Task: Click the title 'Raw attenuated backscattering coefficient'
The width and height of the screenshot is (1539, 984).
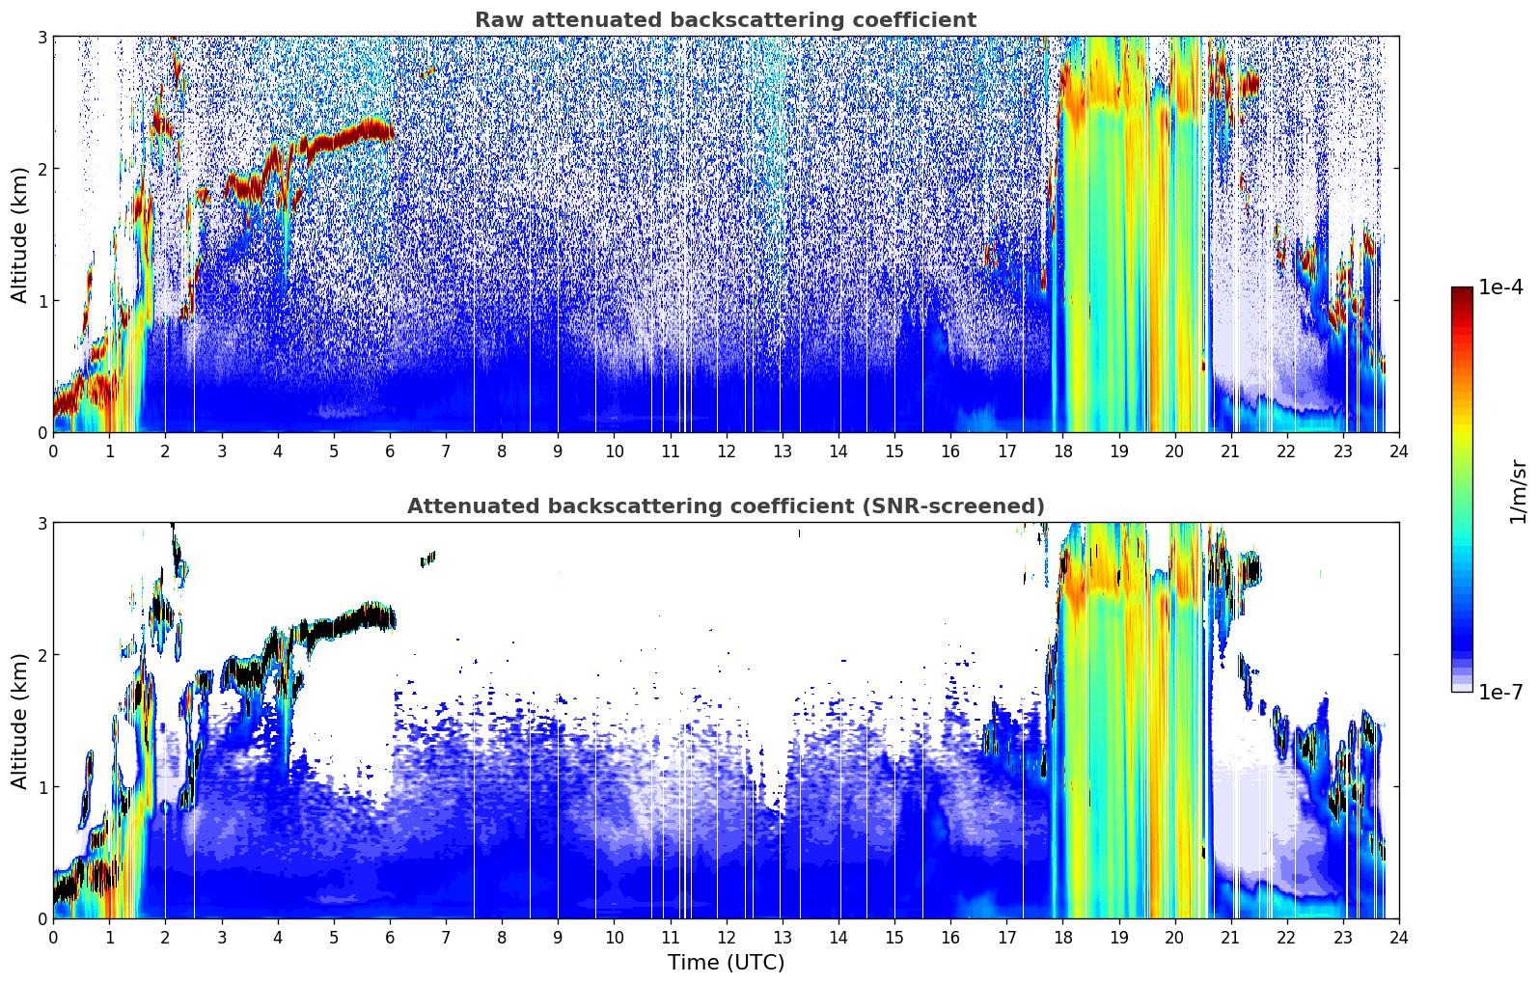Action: tap(726, 20)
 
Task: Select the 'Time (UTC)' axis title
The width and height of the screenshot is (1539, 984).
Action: tap(726, 962)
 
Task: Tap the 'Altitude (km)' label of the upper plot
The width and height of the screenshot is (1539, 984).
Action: tap(19, 235)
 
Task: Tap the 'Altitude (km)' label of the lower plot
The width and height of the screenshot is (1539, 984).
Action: tap(19, 721)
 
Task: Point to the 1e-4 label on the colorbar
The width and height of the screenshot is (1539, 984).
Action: tap(1500, 287)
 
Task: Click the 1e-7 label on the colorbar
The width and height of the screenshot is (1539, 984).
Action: tap(1500, 692)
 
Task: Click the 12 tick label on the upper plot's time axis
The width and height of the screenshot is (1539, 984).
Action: tap(727, 451)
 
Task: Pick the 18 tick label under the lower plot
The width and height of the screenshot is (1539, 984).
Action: tap(1063, 938)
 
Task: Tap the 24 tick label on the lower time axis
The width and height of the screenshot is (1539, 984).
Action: tap(1399, 938)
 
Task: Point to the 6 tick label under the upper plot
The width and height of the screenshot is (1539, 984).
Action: tap(390, 451)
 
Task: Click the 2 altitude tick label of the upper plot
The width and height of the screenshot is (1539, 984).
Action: tap(41, 169)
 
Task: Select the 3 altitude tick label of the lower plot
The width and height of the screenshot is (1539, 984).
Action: tap(41, 524)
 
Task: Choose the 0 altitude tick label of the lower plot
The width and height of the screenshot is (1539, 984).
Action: tap(41, 918)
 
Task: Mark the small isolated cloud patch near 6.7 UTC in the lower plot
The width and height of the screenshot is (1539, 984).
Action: tap(428, 559)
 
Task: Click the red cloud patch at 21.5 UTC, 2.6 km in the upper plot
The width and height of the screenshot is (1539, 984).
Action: tap(1250, 85)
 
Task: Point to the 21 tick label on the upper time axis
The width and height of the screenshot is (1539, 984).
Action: tap(1230, 451)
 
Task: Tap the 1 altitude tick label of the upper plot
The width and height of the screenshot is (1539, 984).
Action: tap(41, 301)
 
